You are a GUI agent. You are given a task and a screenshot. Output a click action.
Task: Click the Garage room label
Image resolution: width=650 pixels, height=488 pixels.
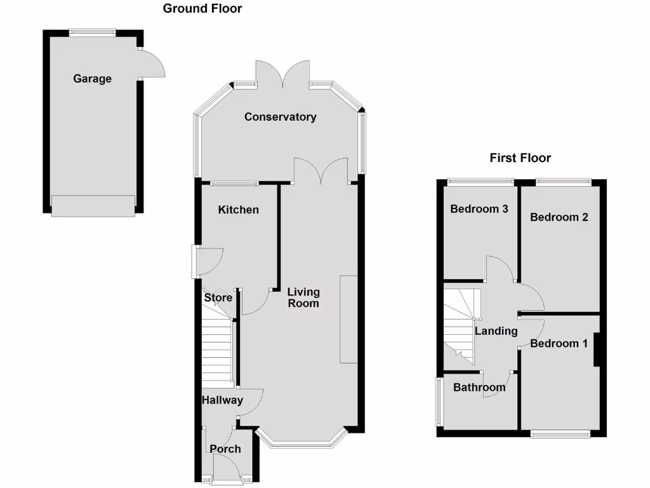coord(92,79)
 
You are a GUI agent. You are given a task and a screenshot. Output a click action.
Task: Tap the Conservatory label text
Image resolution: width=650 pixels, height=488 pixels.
coord(280,117)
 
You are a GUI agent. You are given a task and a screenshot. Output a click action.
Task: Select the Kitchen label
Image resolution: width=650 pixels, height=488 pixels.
coord(238,210)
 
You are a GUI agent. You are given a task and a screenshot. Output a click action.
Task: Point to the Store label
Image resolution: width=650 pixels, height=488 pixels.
coord(218,297)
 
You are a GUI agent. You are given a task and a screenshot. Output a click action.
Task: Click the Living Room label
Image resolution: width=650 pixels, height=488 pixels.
coord(303,297)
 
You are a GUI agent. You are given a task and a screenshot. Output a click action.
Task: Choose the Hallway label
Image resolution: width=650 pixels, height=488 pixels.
coord(222,400)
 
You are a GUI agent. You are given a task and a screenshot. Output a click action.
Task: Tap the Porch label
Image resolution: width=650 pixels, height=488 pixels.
coord(225,449)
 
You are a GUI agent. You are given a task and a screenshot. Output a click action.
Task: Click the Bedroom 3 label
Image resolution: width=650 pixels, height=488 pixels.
coord(479,209)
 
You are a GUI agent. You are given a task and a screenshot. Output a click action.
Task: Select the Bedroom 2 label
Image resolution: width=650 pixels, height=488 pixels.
coord(559,217)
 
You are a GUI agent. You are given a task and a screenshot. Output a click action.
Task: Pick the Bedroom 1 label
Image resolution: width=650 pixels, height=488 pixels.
coord(559,344)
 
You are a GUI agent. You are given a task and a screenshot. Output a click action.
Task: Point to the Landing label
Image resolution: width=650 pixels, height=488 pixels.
coord(496,331)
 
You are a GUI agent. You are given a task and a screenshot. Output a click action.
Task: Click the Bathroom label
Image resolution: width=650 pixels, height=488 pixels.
coord(479,387)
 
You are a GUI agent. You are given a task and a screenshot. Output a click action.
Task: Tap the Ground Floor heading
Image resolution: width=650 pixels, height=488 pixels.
coord(202,8)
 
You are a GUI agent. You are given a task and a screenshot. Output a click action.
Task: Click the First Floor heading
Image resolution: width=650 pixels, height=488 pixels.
coord(521,158)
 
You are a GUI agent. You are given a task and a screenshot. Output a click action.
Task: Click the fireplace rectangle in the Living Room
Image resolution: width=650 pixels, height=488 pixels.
coord(348,319)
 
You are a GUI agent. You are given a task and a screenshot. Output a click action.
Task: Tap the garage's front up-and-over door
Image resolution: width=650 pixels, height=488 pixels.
coord(93,205)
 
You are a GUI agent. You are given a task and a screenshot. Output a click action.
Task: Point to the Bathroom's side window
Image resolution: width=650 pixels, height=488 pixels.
coord(437,402)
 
